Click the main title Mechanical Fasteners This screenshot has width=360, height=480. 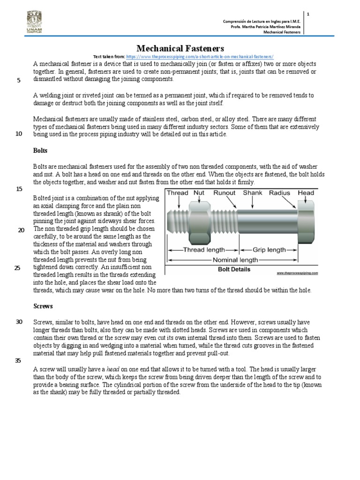point(180,48)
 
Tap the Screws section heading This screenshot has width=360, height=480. point(43,306)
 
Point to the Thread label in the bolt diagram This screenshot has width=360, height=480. point(178,193)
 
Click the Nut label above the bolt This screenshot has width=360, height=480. point(199,193)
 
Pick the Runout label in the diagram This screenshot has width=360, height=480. point(225,193)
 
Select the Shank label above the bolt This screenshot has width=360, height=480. point(253,193)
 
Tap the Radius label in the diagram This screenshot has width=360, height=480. point(280,193)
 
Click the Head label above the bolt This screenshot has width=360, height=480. point(306,193)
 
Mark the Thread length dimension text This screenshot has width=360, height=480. point(204,250)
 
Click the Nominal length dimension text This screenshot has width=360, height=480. point(236,260)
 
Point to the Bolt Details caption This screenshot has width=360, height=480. point(234,270)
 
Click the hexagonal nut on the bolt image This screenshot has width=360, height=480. point(199,221)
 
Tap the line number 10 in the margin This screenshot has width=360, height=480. point(19,134)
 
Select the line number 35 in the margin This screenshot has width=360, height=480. point(19,360)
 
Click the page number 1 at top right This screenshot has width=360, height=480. point(308,15)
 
